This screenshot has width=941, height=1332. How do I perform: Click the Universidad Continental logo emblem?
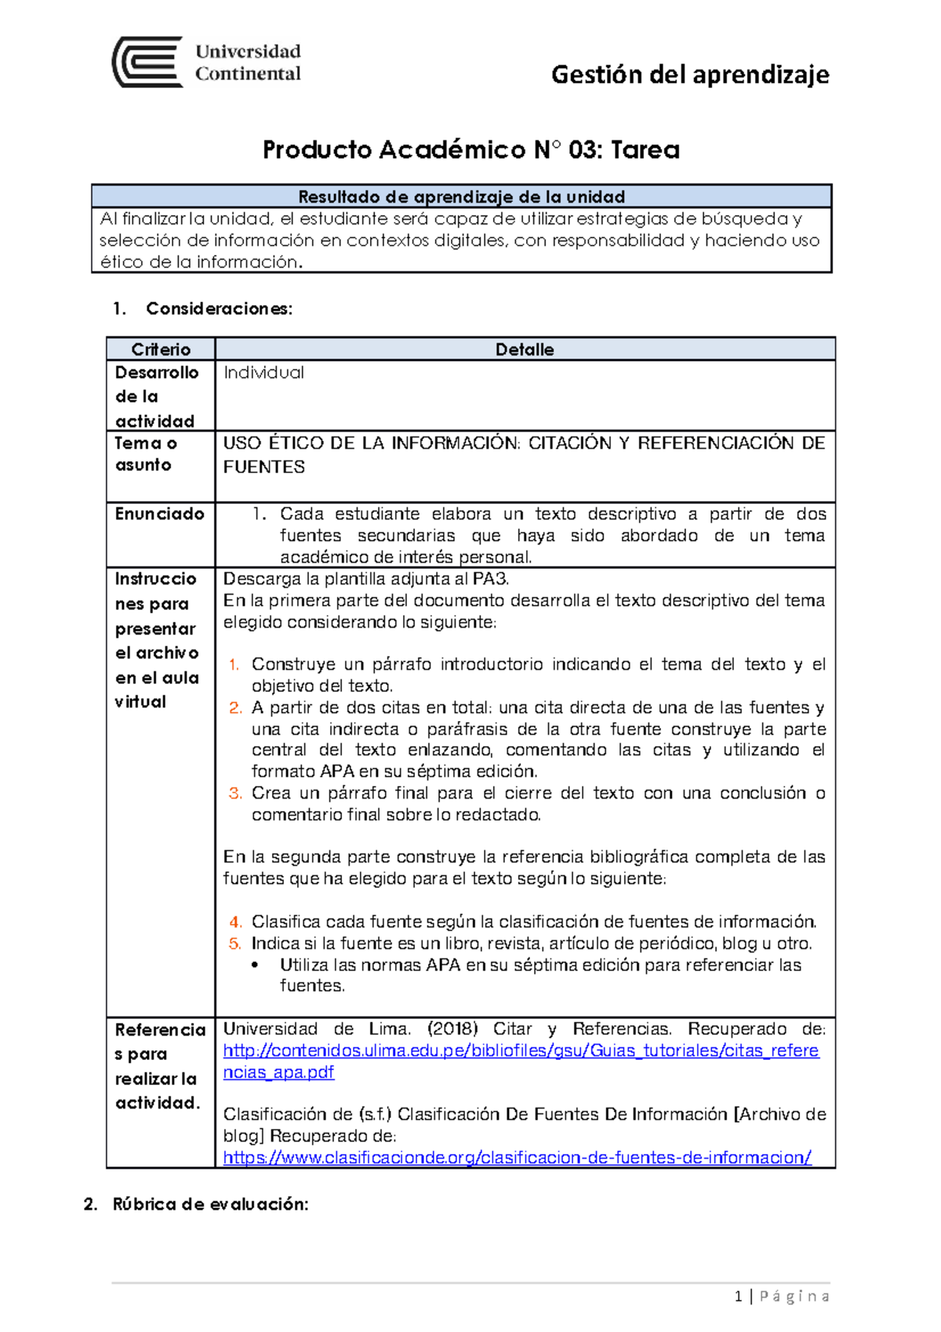click(147, 62)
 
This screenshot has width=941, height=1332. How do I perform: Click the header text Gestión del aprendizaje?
click(690, 75)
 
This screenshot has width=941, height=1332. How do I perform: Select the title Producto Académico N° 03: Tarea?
click(470, 149)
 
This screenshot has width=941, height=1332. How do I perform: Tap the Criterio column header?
click(161, 349)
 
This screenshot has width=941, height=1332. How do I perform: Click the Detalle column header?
click(525, 349)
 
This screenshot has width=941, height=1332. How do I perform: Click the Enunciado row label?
click(160, 514)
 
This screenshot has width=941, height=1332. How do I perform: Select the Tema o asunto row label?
click(147, 454)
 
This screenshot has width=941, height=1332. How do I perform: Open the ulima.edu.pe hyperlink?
click(521, 1051)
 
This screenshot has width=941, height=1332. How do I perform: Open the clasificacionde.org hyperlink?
click(517, 1157)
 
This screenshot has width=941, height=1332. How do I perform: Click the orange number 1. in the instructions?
click(234, 665)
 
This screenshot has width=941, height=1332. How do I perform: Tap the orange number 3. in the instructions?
click(234, 793)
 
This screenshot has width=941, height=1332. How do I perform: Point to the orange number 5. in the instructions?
click(234, 944)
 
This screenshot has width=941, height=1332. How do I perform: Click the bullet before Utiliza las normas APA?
click(256, 965)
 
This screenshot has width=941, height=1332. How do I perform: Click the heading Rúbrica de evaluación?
click(210, 1204)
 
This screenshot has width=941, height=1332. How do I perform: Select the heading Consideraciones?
click(219, 308)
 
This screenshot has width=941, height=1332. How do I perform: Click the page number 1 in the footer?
click(738, 1297)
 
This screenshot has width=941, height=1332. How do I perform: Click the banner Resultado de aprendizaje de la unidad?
click(461, 196)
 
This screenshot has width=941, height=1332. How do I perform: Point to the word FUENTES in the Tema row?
click(263, 467)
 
